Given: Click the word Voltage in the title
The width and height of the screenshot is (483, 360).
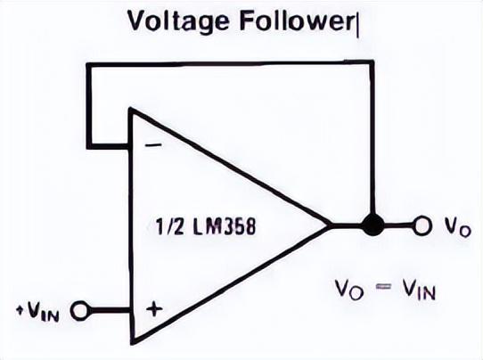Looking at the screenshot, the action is point(178,21).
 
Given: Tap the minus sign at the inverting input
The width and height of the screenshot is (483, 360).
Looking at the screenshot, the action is point(153,145).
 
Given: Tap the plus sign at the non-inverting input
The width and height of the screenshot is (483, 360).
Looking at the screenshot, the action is point(154,308).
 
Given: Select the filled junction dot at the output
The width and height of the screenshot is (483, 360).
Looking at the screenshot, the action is point(372,225).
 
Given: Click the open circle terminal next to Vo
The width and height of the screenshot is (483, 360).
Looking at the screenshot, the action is point(422,226).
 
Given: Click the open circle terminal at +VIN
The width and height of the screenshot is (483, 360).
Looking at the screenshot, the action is point(79,310).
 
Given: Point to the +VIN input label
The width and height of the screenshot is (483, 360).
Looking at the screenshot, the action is point(38,312).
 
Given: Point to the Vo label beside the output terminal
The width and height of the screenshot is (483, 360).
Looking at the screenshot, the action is point(457,228).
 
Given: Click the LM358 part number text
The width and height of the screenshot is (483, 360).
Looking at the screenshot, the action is point(225,227).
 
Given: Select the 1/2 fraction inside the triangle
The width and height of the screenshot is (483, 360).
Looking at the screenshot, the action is point(170,227).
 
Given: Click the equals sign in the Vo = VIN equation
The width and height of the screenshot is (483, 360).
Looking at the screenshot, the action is point(383,287).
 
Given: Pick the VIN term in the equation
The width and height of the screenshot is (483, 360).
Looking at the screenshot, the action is point(419,290).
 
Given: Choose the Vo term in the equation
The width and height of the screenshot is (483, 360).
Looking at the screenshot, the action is point(349,290).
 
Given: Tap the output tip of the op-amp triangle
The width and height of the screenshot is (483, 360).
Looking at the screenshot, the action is point(328,225).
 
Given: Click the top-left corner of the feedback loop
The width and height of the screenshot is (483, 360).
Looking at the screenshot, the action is point(89,65).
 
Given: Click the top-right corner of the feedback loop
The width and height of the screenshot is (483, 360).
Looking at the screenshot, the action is point(372,62).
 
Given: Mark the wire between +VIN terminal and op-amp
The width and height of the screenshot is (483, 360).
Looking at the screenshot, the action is point(109,310).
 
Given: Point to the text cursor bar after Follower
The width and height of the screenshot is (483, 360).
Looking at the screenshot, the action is point(357,25).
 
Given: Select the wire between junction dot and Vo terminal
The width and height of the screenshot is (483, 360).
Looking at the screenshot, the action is point(398,225).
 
